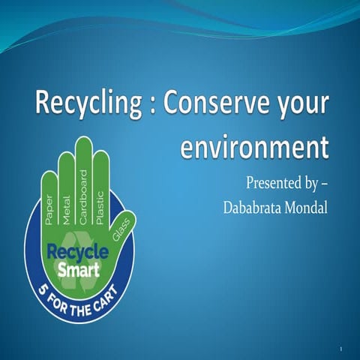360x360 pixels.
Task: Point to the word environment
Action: [254, 145]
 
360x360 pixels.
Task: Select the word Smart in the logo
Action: [79, 268]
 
